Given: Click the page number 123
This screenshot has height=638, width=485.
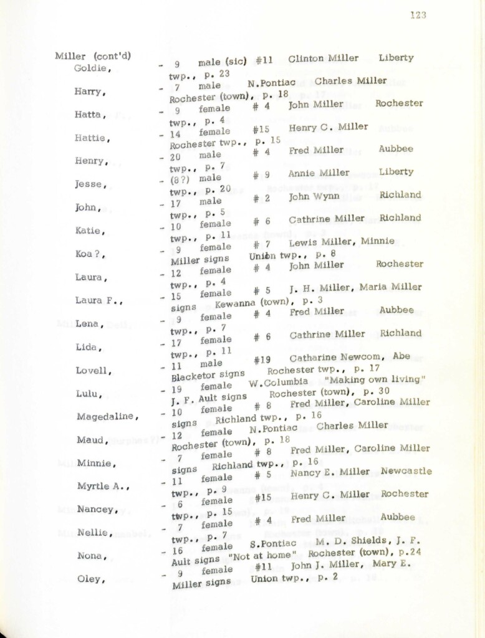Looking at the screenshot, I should click(418, 16).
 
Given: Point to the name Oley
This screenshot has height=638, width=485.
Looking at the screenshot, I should click(88, 579).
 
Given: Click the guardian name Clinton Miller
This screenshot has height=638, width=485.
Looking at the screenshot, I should click(323, 59).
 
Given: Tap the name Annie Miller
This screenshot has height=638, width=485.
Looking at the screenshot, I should click(319, 173).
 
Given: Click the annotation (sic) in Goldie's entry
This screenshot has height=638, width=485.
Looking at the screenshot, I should click(233, 61).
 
